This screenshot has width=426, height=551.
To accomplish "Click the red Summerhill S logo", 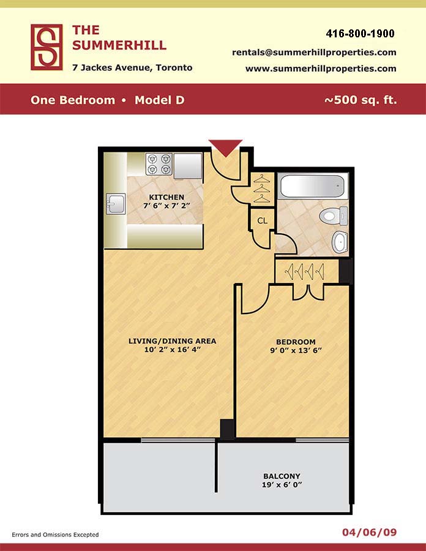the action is [47, 47].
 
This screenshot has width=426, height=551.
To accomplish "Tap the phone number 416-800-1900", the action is [361, 34].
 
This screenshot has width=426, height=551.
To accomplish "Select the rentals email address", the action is [314, 53].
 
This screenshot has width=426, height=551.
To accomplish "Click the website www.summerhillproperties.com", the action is [321, 69].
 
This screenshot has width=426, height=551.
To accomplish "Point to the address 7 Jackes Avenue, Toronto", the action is [132, 67].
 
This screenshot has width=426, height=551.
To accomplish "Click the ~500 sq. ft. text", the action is [361, 100].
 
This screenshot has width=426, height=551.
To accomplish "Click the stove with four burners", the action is [159, 164].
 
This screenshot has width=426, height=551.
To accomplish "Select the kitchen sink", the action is [116, 203].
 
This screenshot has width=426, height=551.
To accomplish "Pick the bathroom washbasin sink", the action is [340, 242].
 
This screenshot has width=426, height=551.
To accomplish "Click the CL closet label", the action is [263, 220].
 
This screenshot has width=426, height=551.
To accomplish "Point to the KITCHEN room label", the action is [166, 197].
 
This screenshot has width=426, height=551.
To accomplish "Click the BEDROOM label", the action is [296, 342].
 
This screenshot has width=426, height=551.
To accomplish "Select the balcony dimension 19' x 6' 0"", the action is [282, 485].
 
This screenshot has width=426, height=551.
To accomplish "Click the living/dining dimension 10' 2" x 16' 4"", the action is [172, 350].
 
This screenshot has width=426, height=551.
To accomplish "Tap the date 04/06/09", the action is [370, 533].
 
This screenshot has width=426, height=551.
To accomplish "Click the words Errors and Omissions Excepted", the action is [55, 535].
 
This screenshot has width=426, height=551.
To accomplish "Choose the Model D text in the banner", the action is [159, 100].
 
